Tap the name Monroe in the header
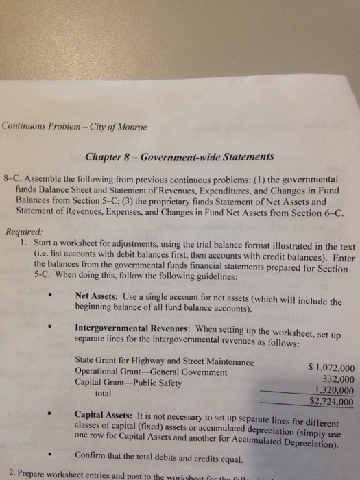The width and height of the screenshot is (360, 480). point(130,127)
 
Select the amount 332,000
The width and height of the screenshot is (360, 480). point(337,379)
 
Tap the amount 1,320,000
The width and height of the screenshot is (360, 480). point(333,390)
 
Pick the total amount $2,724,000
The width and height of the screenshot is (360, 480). point(332,402)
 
